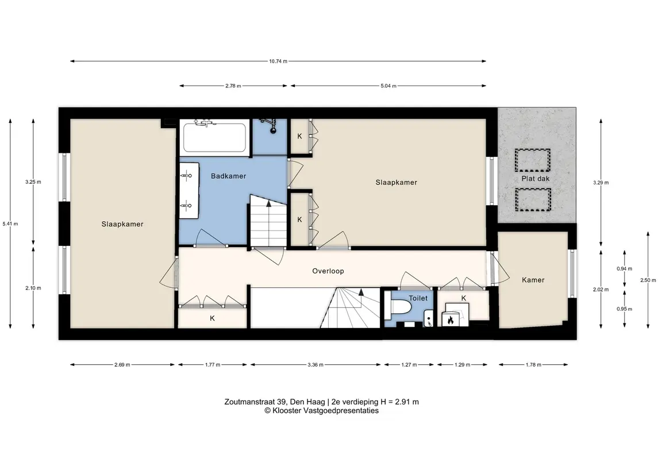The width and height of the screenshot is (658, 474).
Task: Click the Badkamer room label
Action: [x=228, y=176]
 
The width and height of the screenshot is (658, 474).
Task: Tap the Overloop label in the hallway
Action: [x=328, y=271]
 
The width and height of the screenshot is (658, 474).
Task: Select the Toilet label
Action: [x=418, y=298]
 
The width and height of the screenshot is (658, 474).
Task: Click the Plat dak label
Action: [x=536, y=178]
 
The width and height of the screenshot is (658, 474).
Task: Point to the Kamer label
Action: [x=533, y=280]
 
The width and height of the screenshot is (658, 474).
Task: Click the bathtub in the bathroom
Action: [x=215, y=136]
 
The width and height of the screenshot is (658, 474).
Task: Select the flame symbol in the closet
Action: [x=451, y=321]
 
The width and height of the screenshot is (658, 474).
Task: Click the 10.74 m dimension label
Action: [x=278, y=61]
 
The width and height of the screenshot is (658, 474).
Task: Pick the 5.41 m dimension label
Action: [x=10, y=223]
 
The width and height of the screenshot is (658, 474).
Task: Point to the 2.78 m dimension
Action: [x=233, y=86]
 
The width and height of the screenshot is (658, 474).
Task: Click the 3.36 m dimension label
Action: [x=315, y=365]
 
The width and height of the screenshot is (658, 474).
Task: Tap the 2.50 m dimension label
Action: [x=648, y=280]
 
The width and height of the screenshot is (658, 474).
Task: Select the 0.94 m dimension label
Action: [x=625, y=268]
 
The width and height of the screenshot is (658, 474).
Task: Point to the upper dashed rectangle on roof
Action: [x=533, y=160]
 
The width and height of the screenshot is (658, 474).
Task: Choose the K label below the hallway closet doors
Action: [x=212, y=318]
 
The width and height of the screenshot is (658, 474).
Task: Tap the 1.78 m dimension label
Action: [x=533, y=365]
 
